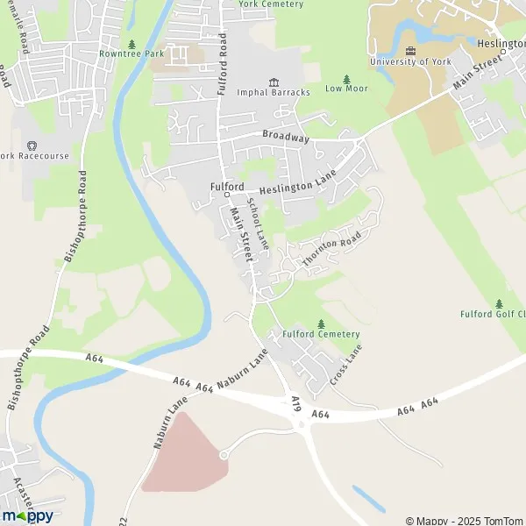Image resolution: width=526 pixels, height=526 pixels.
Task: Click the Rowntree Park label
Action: coord(131,54)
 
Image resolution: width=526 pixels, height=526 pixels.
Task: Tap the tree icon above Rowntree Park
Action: coord(132,43)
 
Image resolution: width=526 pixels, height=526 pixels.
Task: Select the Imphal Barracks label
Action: coord(274,92)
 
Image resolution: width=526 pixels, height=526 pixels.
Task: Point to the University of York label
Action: coord(410,62)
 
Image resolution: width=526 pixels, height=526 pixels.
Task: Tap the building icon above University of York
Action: coord(410,50)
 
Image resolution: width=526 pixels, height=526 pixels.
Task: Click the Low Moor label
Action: coord(346,89)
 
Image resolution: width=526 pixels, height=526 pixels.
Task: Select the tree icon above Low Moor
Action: coord(346,78)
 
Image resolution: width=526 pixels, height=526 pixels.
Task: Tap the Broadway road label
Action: coord(286,139)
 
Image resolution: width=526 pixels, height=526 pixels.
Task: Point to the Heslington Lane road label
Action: coord(298,183)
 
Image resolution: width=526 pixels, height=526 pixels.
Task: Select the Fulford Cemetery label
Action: coord(321,334)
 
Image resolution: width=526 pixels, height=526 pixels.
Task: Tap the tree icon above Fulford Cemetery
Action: coord(321,323)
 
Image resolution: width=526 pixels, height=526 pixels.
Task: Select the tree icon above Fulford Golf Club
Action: coord(500,302)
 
